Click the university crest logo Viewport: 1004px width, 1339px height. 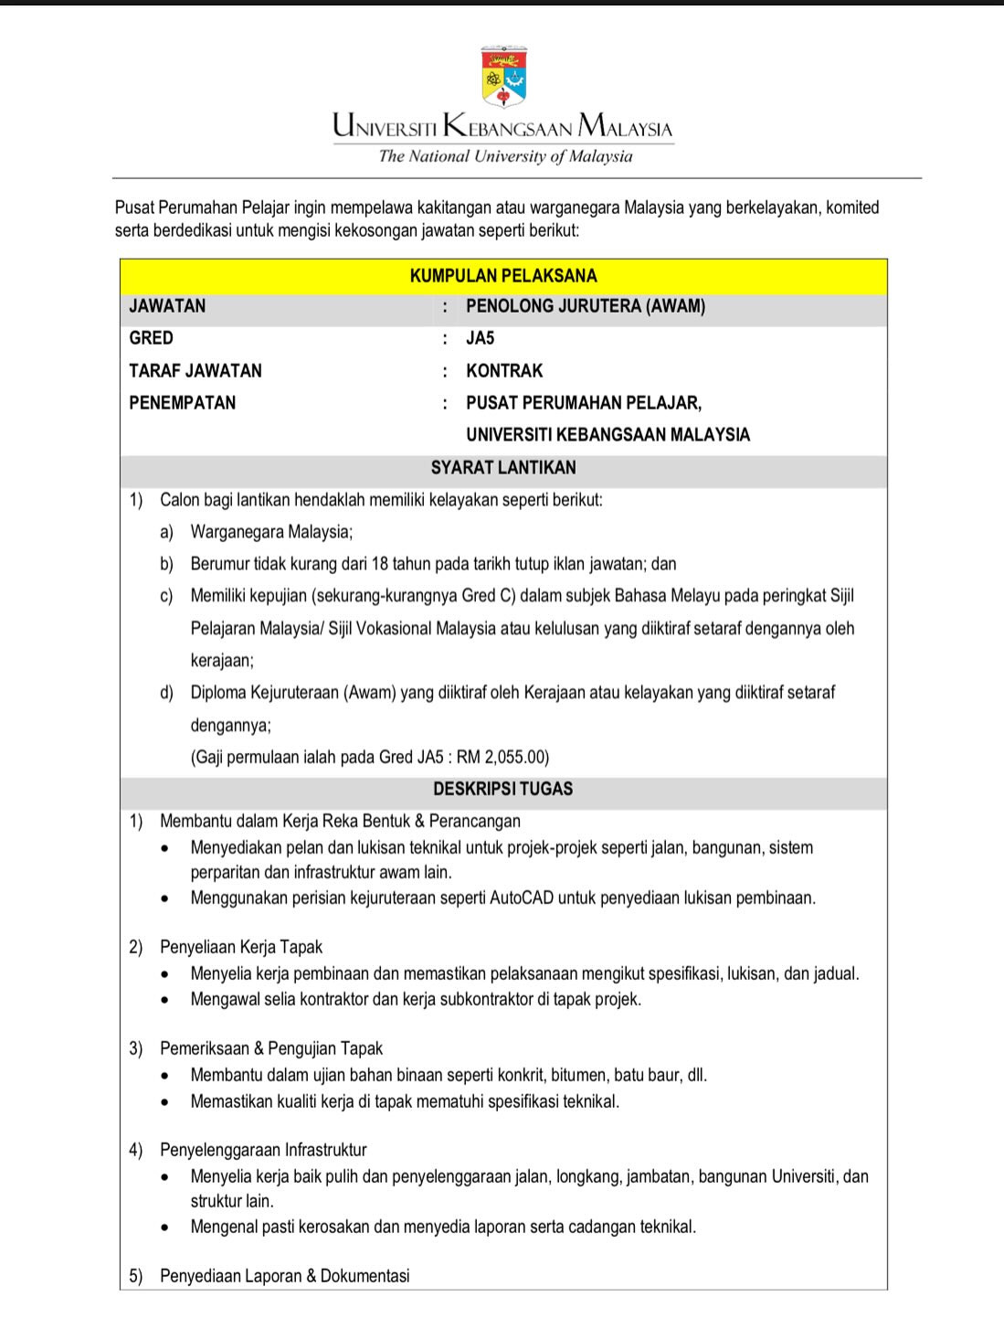(503, 77)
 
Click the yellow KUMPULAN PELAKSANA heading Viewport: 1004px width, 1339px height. (503, 276)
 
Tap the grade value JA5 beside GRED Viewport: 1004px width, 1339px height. (480, 338)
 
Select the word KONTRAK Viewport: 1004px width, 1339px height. (504, 371)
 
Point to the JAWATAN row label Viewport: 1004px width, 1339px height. (167, 306)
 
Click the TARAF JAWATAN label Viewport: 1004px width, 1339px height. (196, 371)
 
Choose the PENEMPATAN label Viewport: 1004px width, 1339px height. (183, 403)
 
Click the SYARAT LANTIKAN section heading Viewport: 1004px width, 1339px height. (503, 468)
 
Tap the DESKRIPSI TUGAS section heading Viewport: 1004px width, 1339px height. (503, 789)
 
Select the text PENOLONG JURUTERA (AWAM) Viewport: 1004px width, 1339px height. (586, 306)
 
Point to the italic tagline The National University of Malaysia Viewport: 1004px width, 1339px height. (505, 156)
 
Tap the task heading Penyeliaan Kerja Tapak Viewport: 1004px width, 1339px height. (241, 947)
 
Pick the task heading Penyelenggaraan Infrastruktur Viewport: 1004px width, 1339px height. (263, 1150)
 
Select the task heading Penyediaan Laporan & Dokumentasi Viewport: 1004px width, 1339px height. (284, 1276)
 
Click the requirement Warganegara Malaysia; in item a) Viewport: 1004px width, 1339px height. (271, 532)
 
